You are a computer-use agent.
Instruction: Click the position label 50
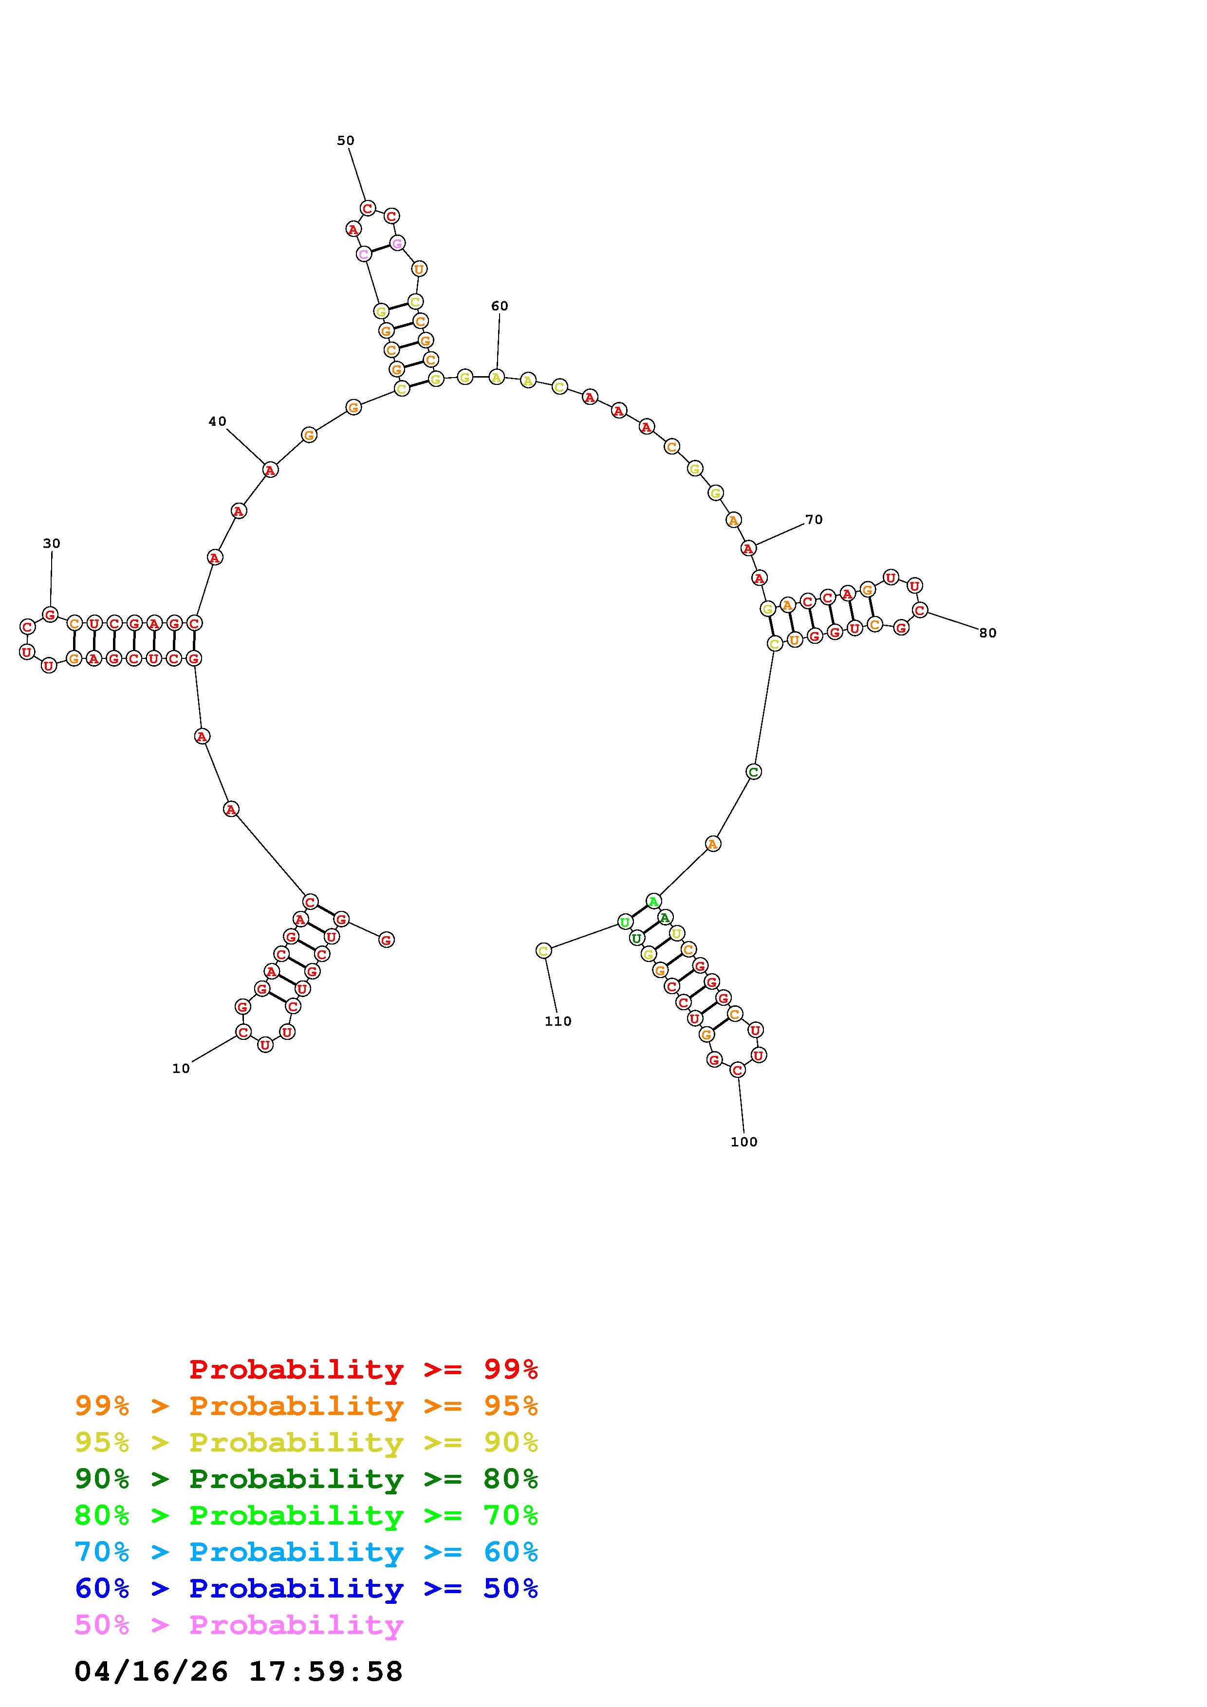click(x=346, y=141)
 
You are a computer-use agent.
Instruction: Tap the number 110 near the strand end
click(x=558, y=1021)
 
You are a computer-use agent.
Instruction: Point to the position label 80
click(x=987, y=634)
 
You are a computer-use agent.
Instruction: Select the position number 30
click(x=51, y=544)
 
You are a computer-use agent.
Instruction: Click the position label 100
click(x=743, y=1142)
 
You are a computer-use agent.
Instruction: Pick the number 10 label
click(x=181, y=1069)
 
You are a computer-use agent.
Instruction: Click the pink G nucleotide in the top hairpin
click(x=398, y=243)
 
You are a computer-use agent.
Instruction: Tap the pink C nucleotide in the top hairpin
click(x=364, y=254)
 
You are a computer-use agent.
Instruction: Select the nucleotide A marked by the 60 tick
click(x=497, y=377)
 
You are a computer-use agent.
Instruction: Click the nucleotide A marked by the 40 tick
click(x=271, y=470)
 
